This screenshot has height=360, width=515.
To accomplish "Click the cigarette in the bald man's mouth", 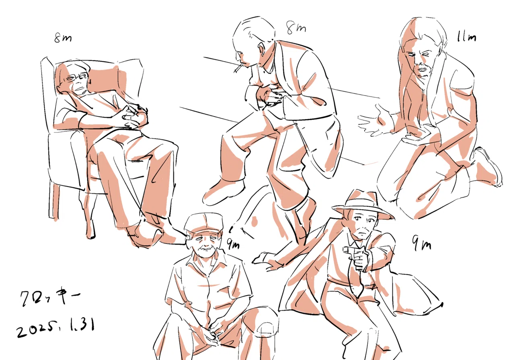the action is (238, 68).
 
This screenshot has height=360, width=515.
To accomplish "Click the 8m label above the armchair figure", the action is (63, 38).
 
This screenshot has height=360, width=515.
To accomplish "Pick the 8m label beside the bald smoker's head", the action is (296, 28).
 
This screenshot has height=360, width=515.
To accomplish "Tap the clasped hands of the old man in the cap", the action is (213, 334).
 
